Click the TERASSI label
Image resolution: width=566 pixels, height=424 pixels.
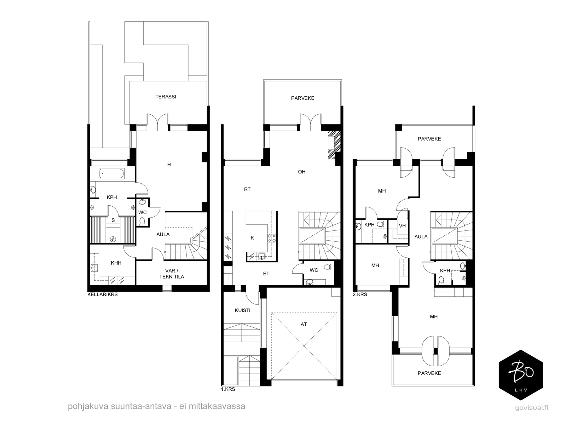(166, 97)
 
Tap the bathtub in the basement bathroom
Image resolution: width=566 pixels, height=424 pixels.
(112, 173)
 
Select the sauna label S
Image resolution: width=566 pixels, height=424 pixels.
(113, 220)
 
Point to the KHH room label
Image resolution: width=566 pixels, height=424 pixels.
(116, 263)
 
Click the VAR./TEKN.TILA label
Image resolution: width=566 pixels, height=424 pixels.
(172, 274)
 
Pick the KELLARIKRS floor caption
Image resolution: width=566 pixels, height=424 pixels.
(103, 294)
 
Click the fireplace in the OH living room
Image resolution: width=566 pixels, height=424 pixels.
(334, 145)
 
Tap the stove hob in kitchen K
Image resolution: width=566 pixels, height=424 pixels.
(272, 238)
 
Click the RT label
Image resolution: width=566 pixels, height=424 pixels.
(247, 189)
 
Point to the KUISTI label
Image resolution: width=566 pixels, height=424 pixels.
(242, 310)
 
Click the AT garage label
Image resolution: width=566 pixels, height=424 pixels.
(304, 324)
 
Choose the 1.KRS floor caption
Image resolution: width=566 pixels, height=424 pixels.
(228, 389)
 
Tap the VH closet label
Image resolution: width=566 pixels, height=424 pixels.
(402, 226)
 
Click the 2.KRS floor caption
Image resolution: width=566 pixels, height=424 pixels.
(360, 294)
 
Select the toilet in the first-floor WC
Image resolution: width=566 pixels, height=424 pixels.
(327, 267)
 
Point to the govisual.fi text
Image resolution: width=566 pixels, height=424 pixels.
(532, 408)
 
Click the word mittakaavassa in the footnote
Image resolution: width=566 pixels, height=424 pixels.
(217, 406)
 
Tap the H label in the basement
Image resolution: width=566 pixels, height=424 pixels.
(169, 165)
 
